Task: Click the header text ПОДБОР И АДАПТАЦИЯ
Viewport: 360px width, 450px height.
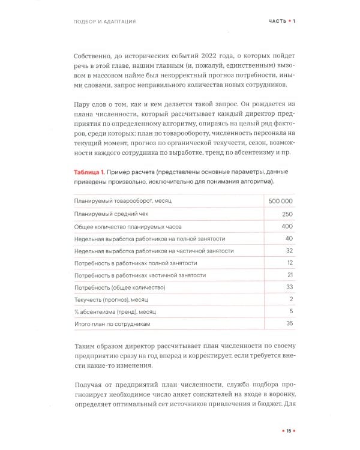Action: [101, 22]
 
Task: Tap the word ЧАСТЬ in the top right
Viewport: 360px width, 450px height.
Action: [278, 22]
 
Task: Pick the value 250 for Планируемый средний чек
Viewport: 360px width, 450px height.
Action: [286, 214]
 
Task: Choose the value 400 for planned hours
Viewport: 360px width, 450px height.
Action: [286, 226]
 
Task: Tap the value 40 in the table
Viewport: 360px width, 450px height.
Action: [289, 238]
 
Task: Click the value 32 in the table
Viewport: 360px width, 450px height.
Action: [289, 251]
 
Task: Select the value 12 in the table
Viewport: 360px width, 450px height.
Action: [289, 263]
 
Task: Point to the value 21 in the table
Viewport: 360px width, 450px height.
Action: [289, 275]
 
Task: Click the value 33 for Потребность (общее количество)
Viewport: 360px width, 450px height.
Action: [289, 287]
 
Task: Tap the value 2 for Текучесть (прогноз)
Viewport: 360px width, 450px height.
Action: [291, 299]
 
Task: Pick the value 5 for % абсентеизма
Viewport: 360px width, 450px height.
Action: [291, 311]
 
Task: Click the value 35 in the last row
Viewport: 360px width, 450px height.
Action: [289, 324]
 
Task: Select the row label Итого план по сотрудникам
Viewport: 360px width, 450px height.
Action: [111, 324]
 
